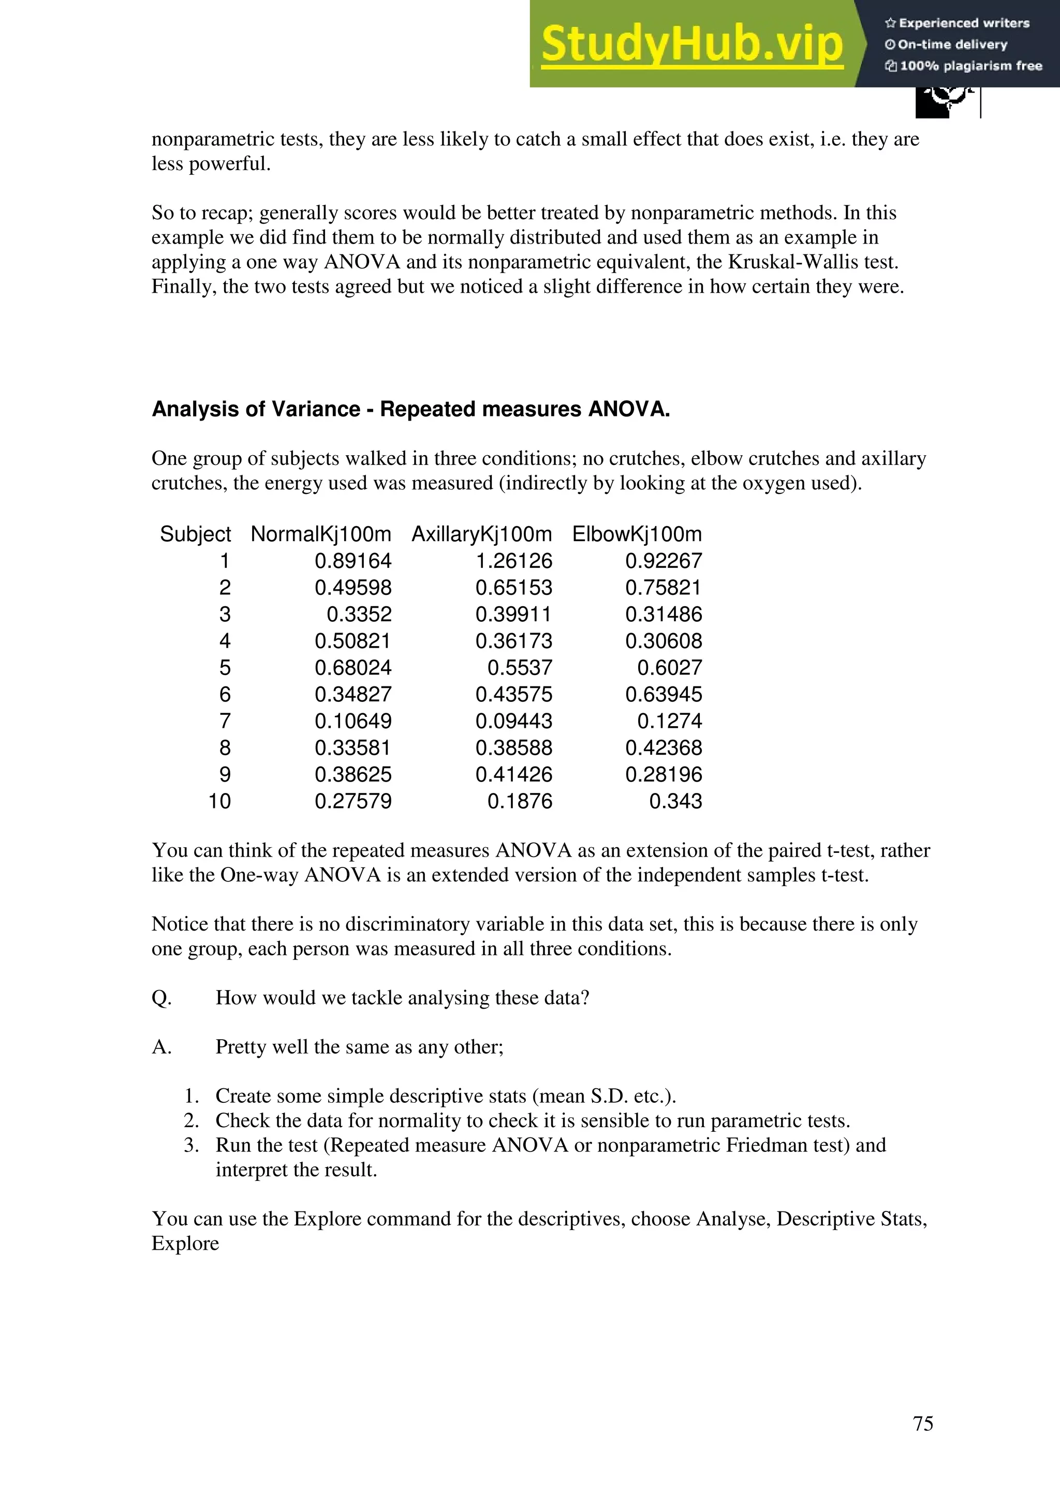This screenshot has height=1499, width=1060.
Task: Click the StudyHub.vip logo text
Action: (691, 44)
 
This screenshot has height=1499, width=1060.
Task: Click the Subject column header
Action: (195, 534)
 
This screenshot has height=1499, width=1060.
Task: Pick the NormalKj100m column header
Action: (321, 534)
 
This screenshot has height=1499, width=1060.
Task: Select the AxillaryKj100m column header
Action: (481, 534)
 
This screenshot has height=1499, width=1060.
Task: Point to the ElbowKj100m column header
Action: (637, 534)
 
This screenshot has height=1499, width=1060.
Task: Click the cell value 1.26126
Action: (513, 561)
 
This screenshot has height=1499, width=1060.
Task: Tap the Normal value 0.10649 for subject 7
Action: (352, 721)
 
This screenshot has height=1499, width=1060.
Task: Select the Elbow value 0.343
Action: (675, 801)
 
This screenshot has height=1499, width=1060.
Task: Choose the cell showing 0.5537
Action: (519, 667)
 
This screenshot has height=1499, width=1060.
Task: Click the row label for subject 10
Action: (219, 801)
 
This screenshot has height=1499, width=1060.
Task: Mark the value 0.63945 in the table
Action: (663, 694)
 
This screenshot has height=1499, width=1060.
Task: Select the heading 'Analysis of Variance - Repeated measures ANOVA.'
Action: (411, 409)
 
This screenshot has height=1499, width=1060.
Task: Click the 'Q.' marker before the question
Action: (161, 998)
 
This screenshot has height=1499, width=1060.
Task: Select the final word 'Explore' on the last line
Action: (185, 1243)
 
